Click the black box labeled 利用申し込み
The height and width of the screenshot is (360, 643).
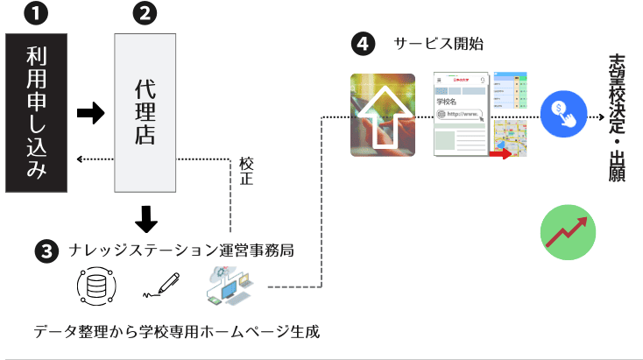point(37,113)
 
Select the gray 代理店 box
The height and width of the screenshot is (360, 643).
point(145,113)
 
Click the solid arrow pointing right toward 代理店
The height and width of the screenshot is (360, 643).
point(91,112)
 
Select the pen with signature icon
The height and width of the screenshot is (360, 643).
point(160,286)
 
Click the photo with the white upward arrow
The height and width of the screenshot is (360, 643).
point(383,115)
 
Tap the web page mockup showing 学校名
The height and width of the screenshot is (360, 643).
point(461,115)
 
